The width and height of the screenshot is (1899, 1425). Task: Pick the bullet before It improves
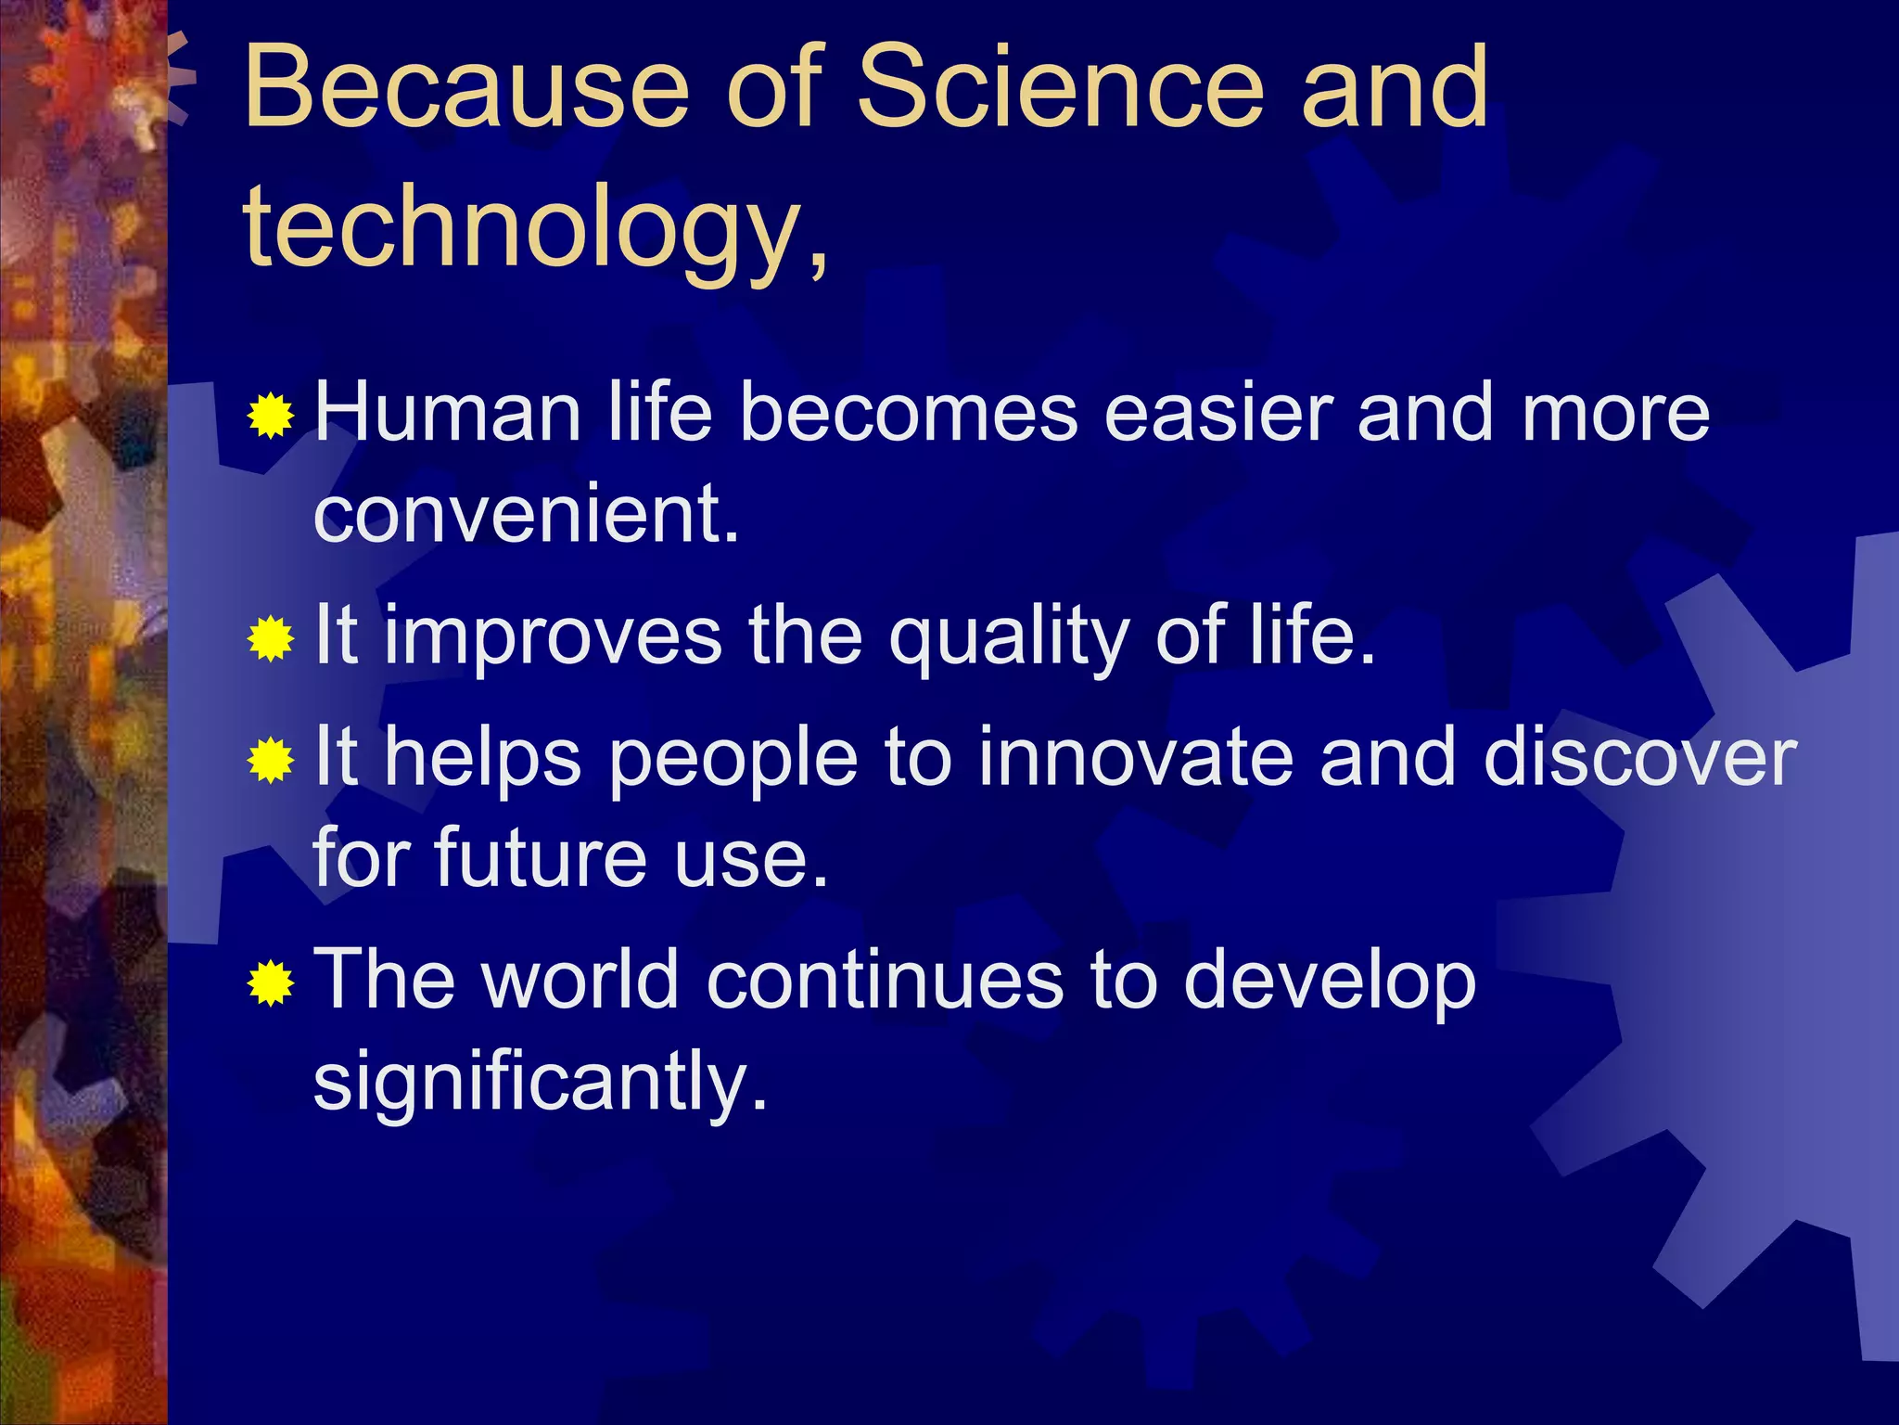coord(271,638)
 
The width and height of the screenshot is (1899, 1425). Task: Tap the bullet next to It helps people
coord(271,761)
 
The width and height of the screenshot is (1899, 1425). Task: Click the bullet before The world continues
coord(271,983)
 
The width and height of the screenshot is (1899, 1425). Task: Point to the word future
coord(540,858)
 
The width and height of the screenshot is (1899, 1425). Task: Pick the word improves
coord(553,638)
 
